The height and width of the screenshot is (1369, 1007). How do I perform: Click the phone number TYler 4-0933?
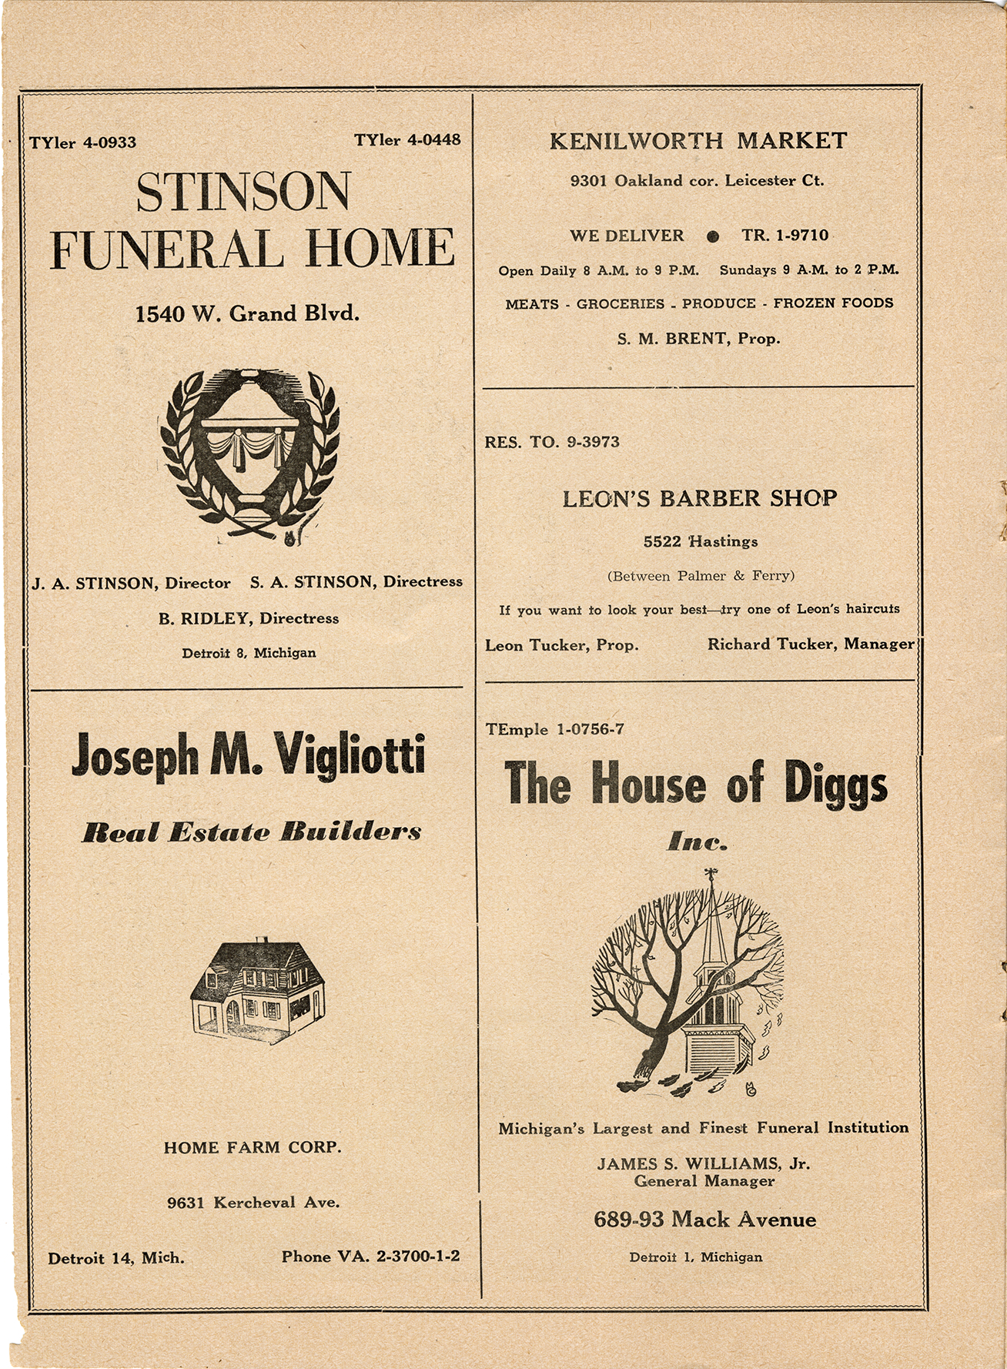[x=83, y=142]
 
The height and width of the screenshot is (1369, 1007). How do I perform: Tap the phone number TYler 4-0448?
[x=407, y=139]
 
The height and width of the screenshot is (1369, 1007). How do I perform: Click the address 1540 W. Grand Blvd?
[x=247, y=313]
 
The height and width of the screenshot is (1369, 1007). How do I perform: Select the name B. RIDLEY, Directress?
[x=248, y=618]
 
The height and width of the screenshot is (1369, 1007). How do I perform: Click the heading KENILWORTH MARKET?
[x=698, y=141]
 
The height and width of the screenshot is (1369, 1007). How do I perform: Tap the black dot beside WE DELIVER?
[x=713, y=236]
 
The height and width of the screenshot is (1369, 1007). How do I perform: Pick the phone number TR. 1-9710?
[x=785, y=235]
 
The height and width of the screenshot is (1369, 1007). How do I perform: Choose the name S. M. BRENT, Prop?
[x=698, y=338]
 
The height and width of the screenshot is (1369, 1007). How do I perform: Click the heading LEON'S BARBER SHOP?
[x=699, y=498]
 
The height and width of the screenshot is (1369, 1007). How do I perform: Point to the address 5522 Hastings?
[x=701, y=541]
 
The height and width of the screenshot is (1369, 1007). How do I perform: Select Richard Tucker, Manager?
[x=811, y=644]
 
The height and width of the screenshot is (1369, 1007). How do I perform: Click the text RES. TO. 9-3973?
[x=552, y=442]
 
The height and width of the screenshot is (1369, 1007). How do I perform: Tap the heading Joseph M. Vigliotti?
[x=248, y=755]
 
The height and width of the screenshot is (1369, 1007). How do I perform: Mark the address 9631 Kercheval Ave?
[x=253, y=1202]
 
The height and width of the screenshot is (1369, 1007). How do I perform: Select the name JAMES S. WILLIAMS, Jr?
[x=703, y=1163]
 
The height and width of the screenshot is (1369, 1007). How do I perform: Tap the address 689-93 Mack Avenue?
[x=704, y=1220]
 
